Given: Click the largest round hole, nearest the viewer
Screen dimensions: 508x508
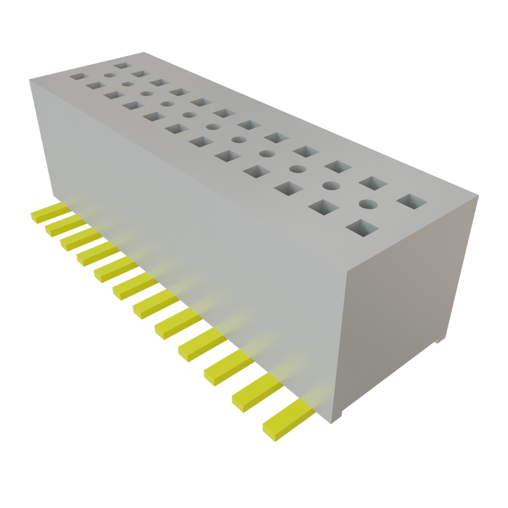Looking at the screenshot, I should pyautogui.click(x=368, y=203).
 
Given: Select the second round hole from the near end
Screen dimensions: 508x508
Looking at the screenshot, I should pyautogui.click(x=331, y=186).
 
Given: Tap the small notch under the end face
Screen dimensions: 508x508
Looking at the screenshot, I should pyautogui.click(x=438, y=342).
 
